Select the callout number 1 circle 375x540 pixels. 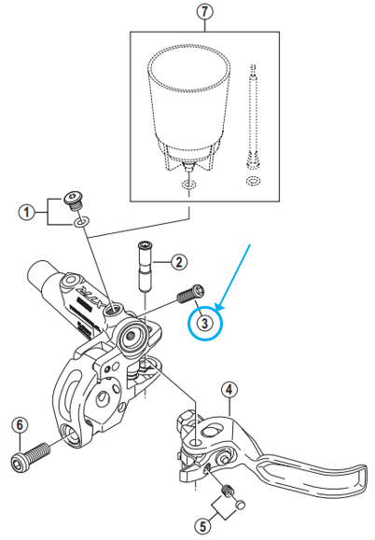pyautogui.click(x=29, y=213)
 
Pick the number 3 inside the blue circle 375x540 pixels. pyautogui.click(x=205, y=323)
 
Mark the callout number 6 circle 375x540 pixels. pyautogui.click(x=18, y=426)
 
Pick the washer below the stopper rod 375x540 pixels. pyautogui.click(x=252, y=179)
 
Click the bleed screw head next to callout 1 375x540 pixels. pyautogui.click(x=72, y=200)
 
